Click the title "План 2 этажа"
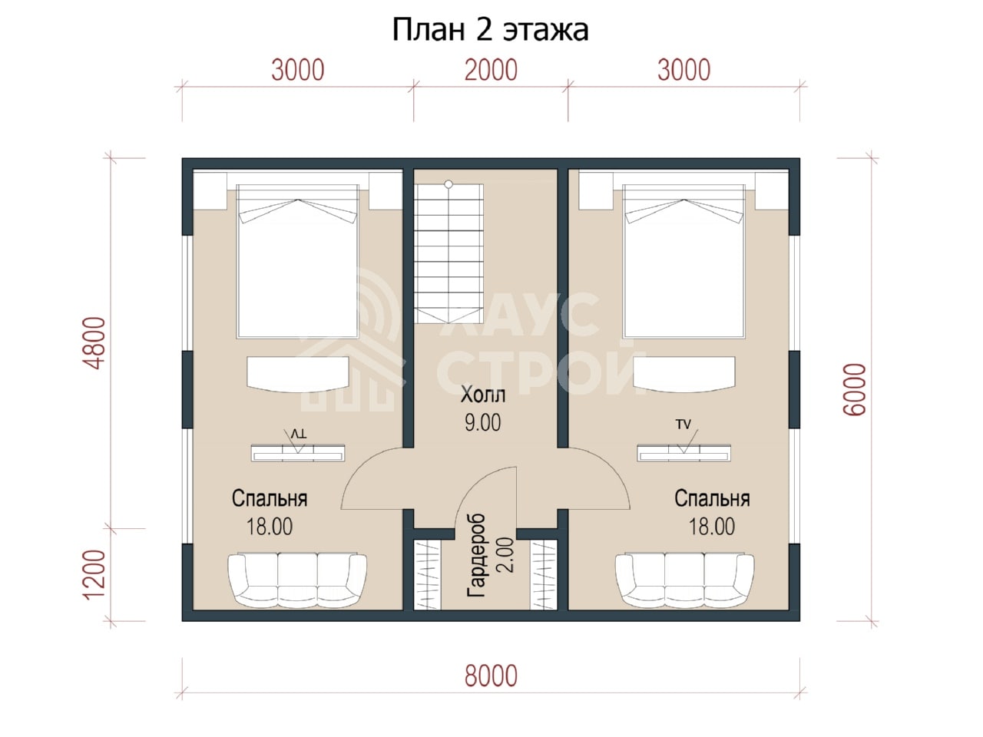491,30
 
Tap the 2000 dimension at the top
491,71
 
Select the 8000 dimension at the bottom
491,676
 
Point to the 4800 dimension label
95,342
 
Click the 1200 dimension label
95,573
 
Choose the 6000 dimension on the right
855,390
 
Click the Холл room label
483,395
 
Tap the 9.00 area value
483,423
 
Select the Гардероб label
476,556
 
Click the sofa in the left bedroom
297,580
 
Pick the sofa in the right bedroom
684,580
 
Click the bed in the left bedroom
298,261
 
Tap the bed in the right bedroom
683,261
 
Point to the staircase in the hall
448,253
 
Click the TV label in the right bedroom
683,425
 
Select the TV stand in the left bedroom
298,453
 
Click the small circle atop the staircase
448,184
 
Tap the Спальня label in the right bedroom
712,498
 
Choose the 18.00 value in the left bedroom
270,527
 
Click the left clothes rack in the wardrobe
427,574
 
